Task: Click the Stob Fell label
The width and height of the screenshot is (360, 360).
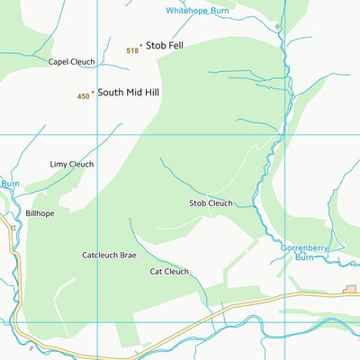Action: [165, 44]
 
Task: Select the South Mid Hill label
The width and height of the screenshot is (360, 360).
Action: [129, 92]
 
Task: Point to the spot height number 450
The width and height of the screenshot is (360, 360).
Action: [83, 96]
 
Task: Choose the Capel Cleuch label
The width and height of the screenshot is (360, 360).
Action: [71, 62]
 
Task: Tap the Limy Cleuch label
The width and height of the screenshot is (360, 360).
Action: [71, 165]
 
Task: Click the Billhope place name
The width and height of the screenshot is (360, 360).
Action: [40, 213]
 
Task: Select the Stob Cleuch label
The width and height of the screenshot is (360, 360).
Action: [211, 203]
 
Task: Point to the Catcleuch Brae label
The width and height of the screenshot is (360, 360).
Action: [109, 256]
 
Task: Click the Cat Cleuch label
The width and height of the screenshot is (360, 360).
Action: [169, 271]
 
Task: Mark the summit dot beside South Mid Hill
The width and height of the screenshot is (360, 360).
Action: [93, 92]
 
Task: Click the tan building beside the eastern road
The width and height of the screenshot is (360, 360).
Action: [349, 289]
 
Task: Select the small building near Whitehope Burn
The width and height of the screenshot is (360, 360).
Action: [278, 27]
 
